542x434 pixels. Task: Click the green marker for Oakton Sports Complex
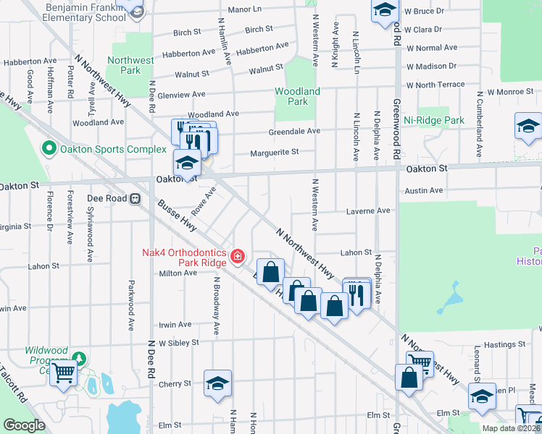(x=49, y=150)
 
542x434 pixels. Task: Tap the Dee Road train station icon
(x=135, y=199)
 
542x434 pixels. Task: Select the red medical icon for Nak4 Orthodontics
(x=236, y=256)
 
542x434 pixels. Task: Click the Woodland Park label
(x=297, y=96)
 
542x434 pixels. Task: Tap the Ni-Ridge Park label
(x=434, y=120)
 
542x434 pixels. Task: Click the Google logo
(x=24, y=425)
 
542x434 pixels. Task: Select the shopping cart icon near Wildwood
(x=64, y=374)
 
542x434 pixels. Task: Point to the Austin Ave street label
(x=424, y=190)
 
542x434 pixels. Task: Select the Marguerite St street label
(x=275, y=153)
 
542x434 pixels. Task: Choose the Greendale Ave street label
(x=294, y=131)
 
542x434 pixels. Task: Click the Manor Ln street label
(x=244, y=9)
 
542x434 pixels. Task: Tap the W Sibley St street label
(x=179, y=342)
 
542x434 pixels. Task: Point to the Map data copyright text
(x=511, y=428)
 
